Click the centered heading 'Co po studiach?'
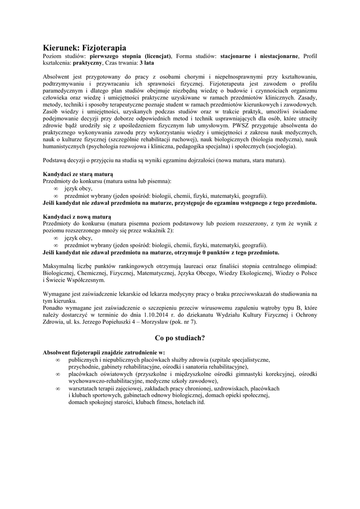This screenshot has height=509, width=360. (x=180, y=338)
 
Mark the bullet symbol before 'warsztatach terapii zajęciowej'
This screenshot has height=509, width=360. (x=58, y=388)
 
